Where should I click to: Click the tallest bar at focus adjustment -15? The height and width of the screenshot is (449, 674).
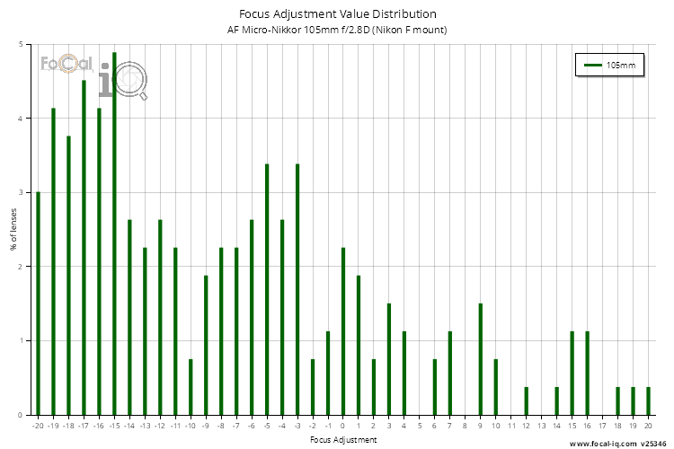[114, 233]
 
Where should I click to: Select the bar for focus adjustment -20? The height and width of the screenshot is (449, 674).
[38, 304]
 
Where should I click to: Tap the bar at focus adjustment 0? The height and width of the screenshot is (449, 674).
[343, 331]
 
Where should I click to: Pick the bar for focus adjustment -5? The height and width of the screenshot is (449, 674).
[267, 289]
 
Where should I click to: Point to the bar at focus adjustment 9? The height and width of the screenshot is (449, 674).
[481, 359]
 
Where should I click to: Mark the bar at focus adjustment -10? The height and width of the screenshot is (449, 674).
[191, 387]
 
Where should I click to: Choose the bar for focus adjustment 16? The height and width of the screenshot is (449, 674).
[587, 373]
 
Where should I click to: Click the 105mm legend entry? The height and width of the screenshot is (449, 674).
[608, 66]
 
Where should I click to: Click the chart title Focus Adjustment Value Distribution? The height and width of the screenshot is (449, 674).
[338, 14]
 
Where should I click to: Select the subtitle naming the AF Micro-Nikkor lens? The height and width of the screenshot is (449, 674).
[338, 31]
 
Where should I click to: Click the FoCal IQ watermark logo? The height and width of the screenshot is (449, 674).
[94, 76]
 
